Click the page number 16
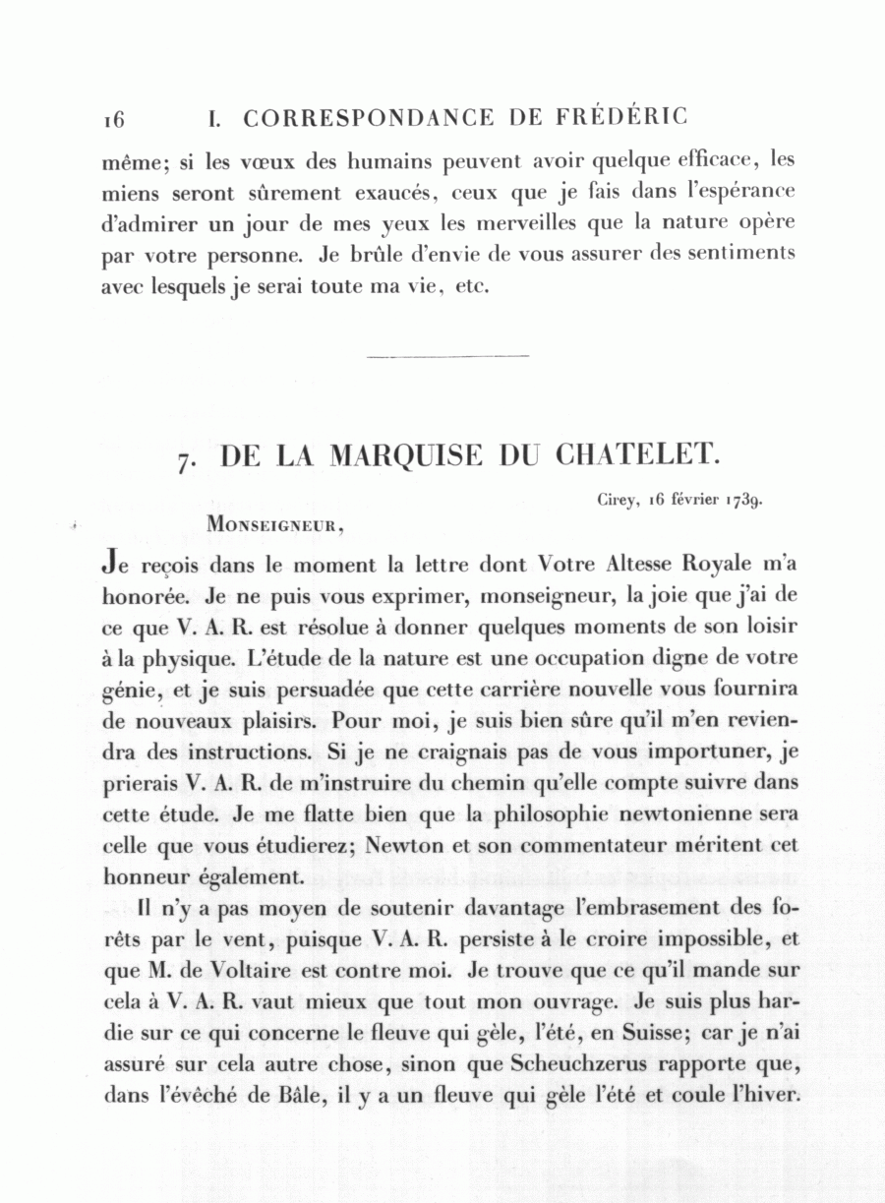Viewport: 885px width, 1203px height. point(113,120)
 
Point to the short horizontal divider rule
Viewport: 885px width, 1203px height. point(447,355)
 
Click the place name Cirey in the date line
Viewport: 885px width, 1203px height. point(618,499)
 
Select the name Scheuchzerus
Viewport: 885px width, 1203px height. point(577,1063)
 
